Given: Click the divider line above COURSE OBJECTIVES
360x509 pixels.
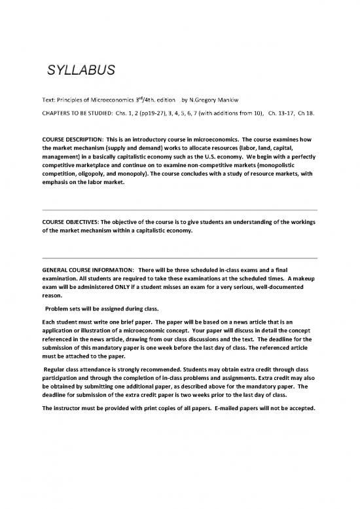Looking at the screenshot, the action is [179, 210].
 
